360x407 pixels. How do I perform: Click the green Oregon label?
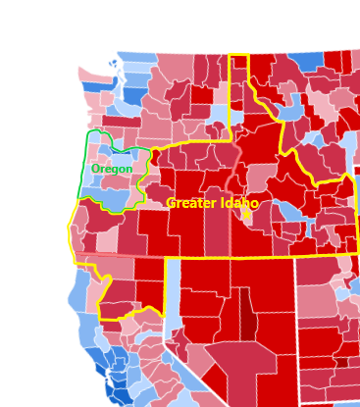click(111, 169)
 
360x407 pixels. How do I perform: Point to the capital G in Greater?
click(171, 203)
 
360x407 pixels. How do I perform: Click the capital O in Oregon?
click(95, 169)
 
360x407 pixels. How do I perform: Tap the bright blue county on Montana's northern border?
click(306, 61)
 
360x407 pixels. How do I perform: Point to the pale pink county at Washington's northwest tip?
click(88, 74)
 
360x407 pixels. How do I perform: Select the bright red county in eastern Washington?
click(201, 95)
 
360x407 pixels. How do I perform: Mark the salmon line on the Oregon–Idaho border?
click(232, 181)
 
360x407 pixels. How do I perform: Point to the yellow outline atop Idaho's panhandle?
click(238, 55)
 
